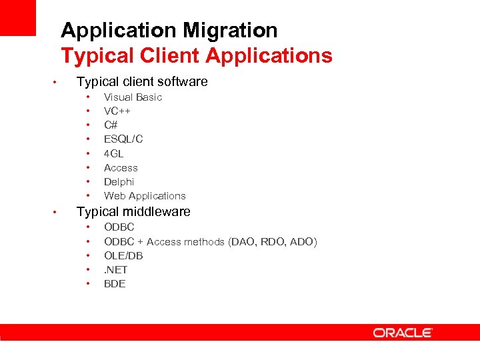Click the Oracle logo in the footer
403,332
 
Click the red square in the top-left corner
17,17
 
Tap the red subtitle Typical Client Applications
196,55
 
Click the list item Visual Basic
133,97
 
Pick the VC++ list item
117,111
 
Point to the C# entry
111,125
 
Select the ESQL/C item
123,139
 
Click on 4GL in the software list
113,153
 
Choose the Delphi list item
119,182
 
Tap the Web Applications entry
145,196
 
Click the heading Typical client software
142,82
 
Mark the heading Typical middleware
133,212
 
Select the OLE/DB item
123,256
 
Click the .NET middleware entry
115,270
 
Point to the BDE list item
115,284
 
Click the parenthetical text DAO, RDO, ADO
273,242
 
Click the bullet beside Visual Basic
87,97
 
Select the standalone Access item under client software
121,168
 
